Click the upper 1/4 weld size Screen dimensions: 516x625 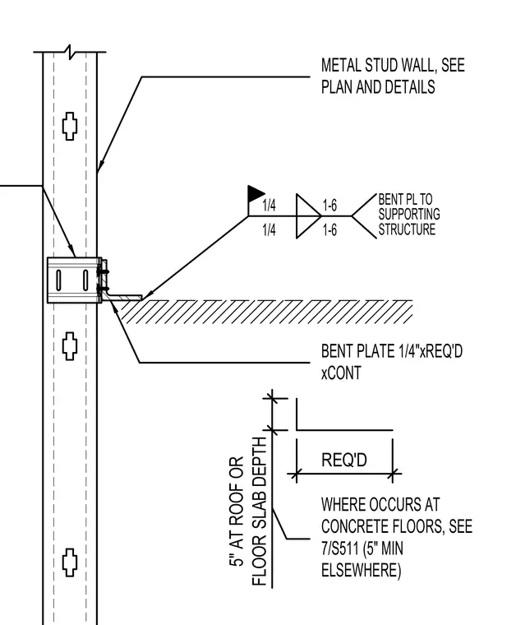pyautogui.click(x=269, y=206)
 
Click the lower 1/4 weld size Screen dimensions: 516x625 pyautogui.click(x=269, y=230)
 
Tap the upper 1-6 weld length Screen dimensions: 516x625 pyautogui.click(x=329, y=206)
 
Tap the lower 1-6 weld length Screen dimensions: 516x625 pyautogui.click(x=329, y=230)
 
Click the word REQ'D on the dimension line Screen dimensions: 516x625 pyautogui.click(x=344, y=460)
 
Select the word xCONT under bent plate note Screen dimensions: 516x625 pyautogui.click(x=341, y=373)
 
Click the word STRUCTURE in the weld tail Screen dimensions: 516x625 pyautogui.click(x=407, y=229)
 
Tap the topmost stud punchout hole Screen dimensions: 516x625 pyautogui.click(x=70, y=126)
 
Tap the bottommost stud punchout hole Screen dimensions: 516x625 pyautogui.click(x=70, y=562)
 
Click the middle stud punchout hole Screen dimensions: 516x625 pyautogui.click(x=70, y=346)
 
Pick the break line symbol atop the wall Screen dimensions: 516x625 pyautogui.click(x=70, y=52)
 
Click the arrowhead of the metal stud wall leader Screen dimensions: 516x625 pyautogui.click(x=100, y=166)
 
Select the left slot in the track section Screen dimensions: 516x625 pyautogui.click(x=58, y=280)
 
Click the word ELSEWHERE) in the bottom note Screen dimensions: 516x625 pyautogui.click(x=362, y=571)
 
